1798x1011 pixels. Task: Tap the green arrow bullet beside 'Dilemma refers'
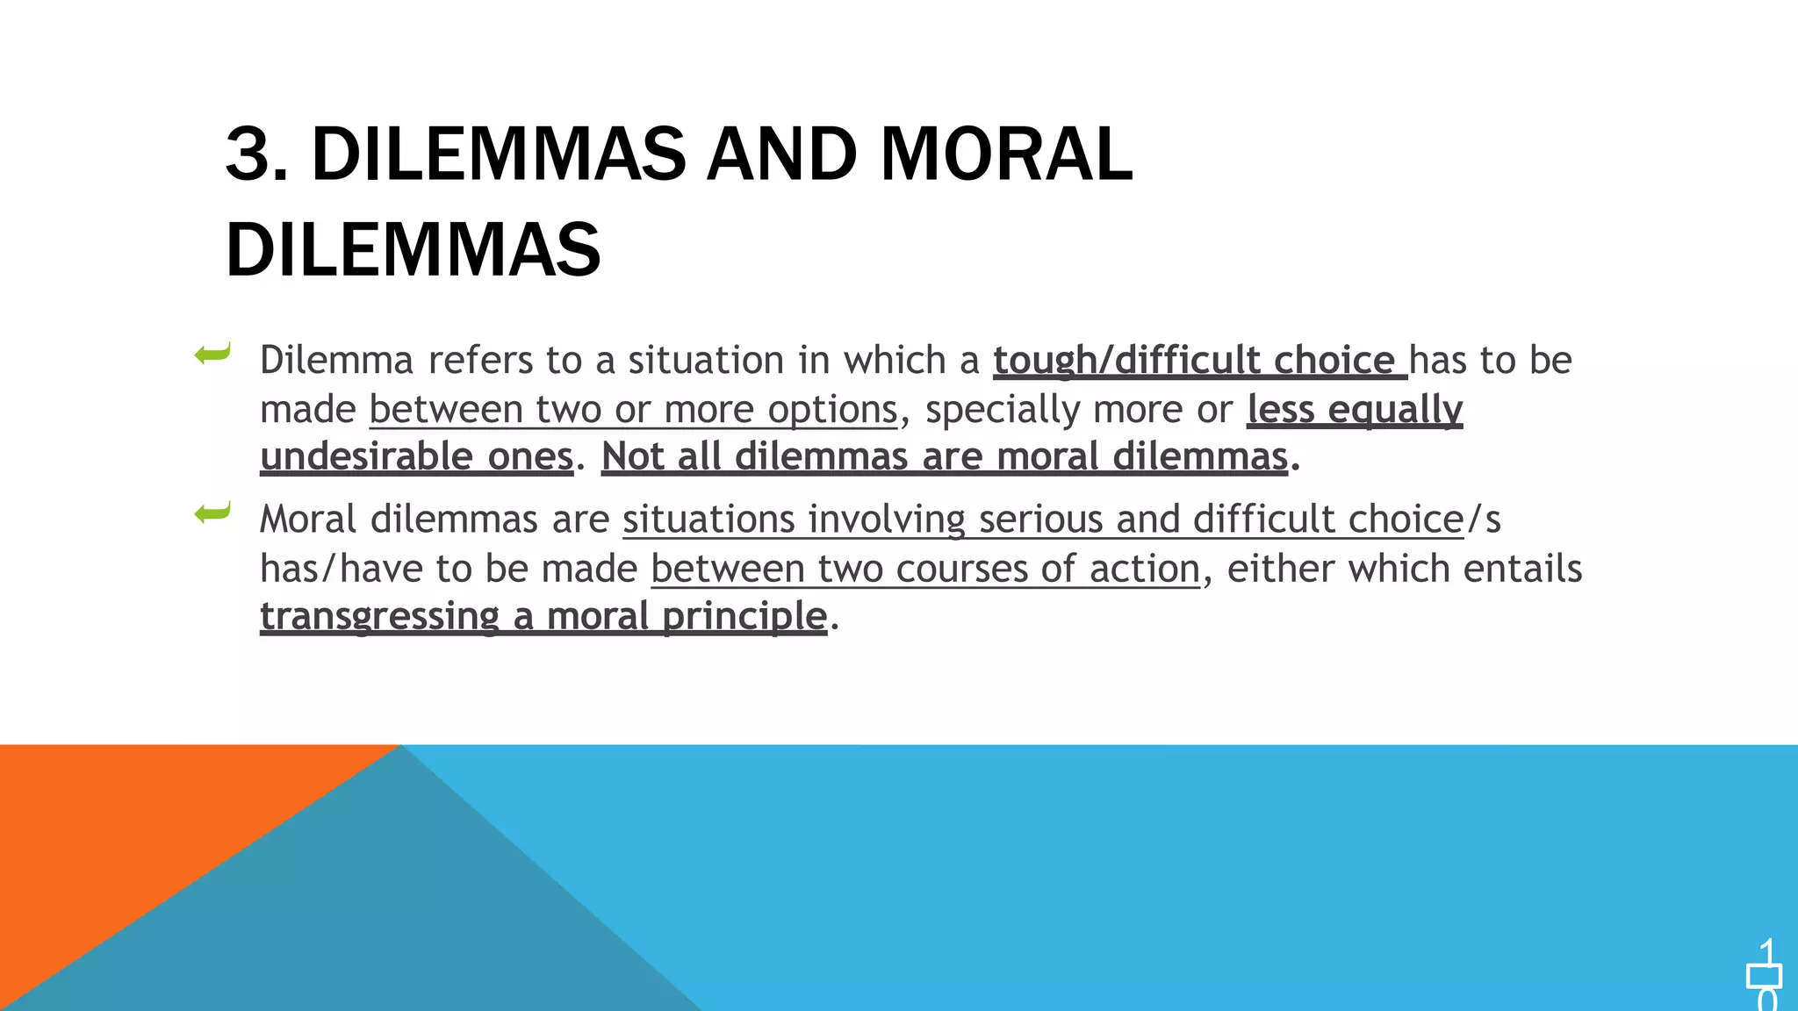[x=212, y=355]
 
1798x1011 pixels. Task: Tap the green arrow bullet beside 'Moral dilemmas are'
[x=212, y=513]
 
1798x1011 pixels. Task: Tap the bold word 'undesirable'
[x=367, y=456]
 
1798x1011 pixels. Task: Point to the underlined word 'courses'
[x=961, y=569]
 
